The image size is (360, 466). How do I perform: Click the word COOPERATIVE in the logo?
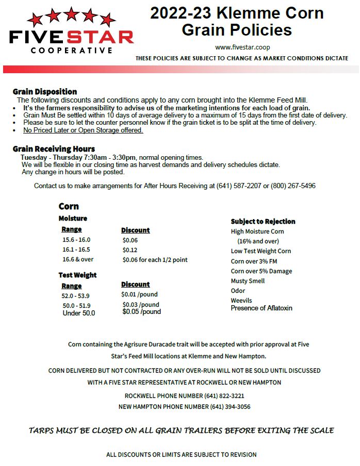71,51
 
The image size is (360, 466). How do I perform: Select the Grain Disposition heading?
45,92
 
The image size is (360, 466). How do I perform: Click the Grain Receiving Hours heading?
54,149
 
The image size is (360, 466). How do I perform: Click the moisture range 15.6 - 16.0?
76,240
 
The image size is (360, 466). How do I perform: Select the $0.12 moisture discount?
130,250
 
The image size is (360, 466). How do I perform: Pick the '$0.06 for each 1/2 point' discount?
155,260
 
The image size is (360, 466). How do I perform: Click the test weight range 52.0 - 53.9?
75,296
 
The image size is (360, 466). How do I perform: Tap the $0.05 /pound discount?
141,312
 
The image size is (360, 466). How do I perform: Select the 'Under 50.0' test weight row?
78,313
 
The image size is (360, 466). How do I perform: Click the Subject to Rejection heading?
263,221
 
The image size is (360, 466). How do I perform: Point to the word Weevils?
241,301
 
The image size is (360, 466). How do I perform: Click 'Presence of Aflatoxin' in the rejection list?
261,308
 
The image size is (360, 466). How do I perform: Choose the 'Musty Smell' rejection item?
248,281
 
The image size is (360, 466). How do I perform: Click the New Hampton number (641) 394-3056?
230,407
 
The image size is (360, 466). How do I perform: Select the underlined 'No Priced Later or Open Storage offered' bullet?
83,130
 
